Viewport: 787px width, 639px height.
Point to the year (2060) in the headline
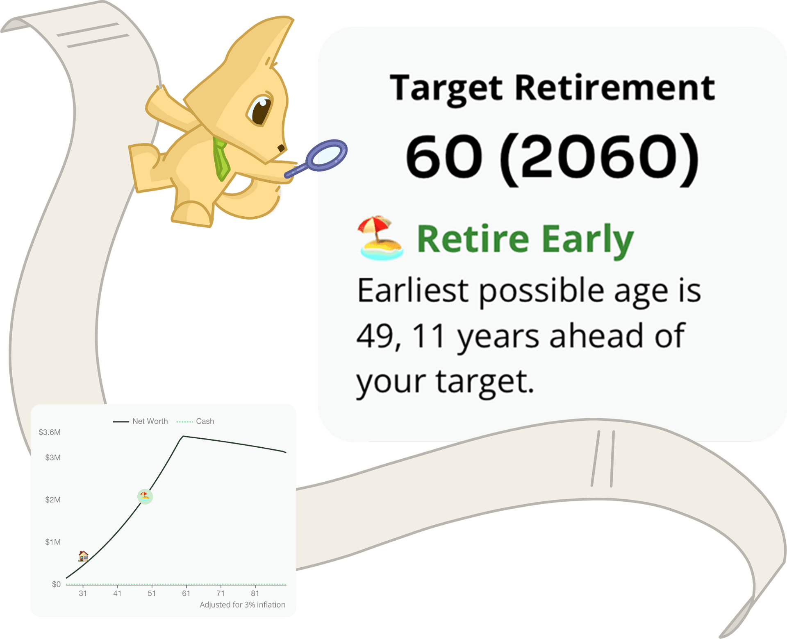(599, 158)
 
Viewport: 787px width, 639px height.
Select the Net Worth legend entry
(141, 421)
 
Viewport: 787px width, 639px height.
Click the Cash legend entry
(195, 421)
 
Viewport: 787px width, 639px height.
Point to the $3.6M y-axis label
(50, 432)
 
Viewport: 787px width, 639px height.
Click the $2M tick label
(53, 500)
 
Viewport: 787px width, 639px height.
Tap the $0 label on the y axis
(56, 584)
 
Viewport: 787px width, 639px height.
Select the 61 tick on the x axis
(186, 593)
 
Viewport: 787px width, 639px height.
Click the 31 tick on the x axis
(83, 593)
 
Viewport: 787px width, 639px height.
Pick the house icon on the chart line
(83, 556)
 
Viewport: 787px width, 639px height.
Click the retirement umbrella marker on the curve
(145, 496)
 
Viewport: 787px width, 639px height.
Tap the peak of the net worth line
(183, 436)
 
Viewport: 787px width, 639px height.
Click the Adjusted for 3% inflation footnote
(243, 605)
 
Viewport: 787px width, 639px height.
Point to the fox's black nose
(281, 148)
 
